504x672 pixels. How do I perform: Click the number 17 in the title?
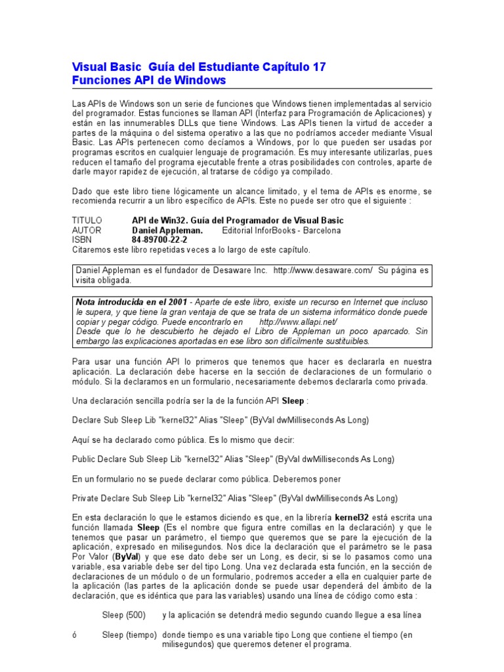pos(318,67)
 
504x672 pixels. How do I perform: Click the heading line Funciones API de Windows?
pos(148,80)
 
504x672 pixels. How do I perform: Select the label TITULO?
pos(87,220)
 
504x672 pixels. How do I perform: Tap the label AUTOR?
pos(87,230)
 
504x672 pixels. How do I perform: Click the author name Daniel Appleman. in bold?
pos(167,230)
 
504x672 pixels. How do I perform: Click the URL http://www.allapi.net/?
pos(298,322)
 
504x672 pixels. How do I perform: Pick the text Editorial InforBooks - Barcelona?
pos(282,230)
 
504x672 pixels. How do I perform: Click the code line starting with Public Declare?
pos(233,459)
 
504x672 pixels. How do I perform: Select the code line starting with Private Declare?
pos(234,498)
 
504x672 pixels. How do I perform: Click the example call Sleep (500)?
pos(123,615)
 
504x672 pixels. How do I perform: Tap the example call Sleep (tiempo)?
pos(129,635)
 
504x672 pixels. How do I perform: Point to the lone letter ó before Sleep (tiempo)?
pos(74,635)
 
